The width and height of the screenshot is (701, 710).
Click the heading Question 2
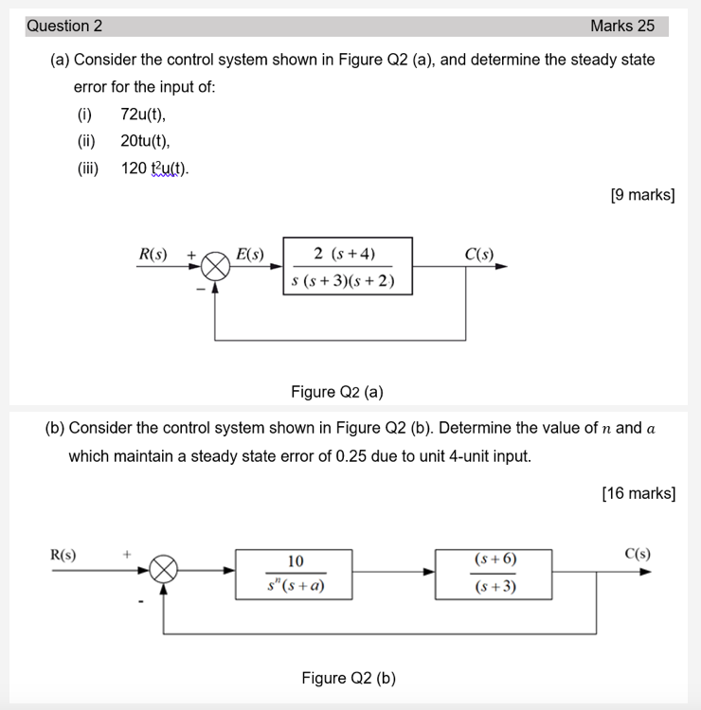point(64,27)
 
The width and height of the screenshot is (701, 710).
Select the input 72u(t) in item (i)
point(143,115)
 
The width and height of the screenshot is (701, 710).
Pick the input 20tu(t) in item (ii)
point(145,142)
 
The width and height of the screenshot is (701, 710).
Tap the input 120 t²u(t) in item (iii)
point(155,169)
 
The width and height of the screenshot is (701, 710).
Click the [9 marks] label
point(643,195)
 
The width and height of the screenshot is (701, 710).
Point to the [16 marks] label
point(638,493)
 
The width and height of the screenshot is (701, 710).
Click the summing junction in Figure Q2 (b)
point(165,571)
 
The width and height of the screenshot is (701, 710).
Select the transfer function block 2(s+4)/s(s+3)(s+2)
point(347,266)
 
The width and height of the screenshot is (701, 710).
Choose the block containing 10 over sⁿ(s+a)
point(296,573)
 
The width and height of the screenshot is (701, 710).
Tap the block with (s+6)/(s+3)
point(494,573)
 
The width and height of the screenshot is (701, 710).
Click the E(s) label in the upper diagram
point(250,254)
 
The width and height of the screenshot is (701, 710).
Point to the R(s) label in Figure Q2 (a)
point(153,254)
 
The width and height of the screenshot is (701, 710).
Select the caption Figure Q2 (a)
point(336,392)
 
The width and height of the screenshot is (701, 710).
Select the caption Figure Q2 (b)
point(349,678)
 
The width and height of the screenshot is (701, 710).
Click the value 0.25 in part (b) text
point(352,456)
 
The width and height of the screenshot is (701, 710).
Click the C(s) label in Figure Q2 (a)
point(479,254)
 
